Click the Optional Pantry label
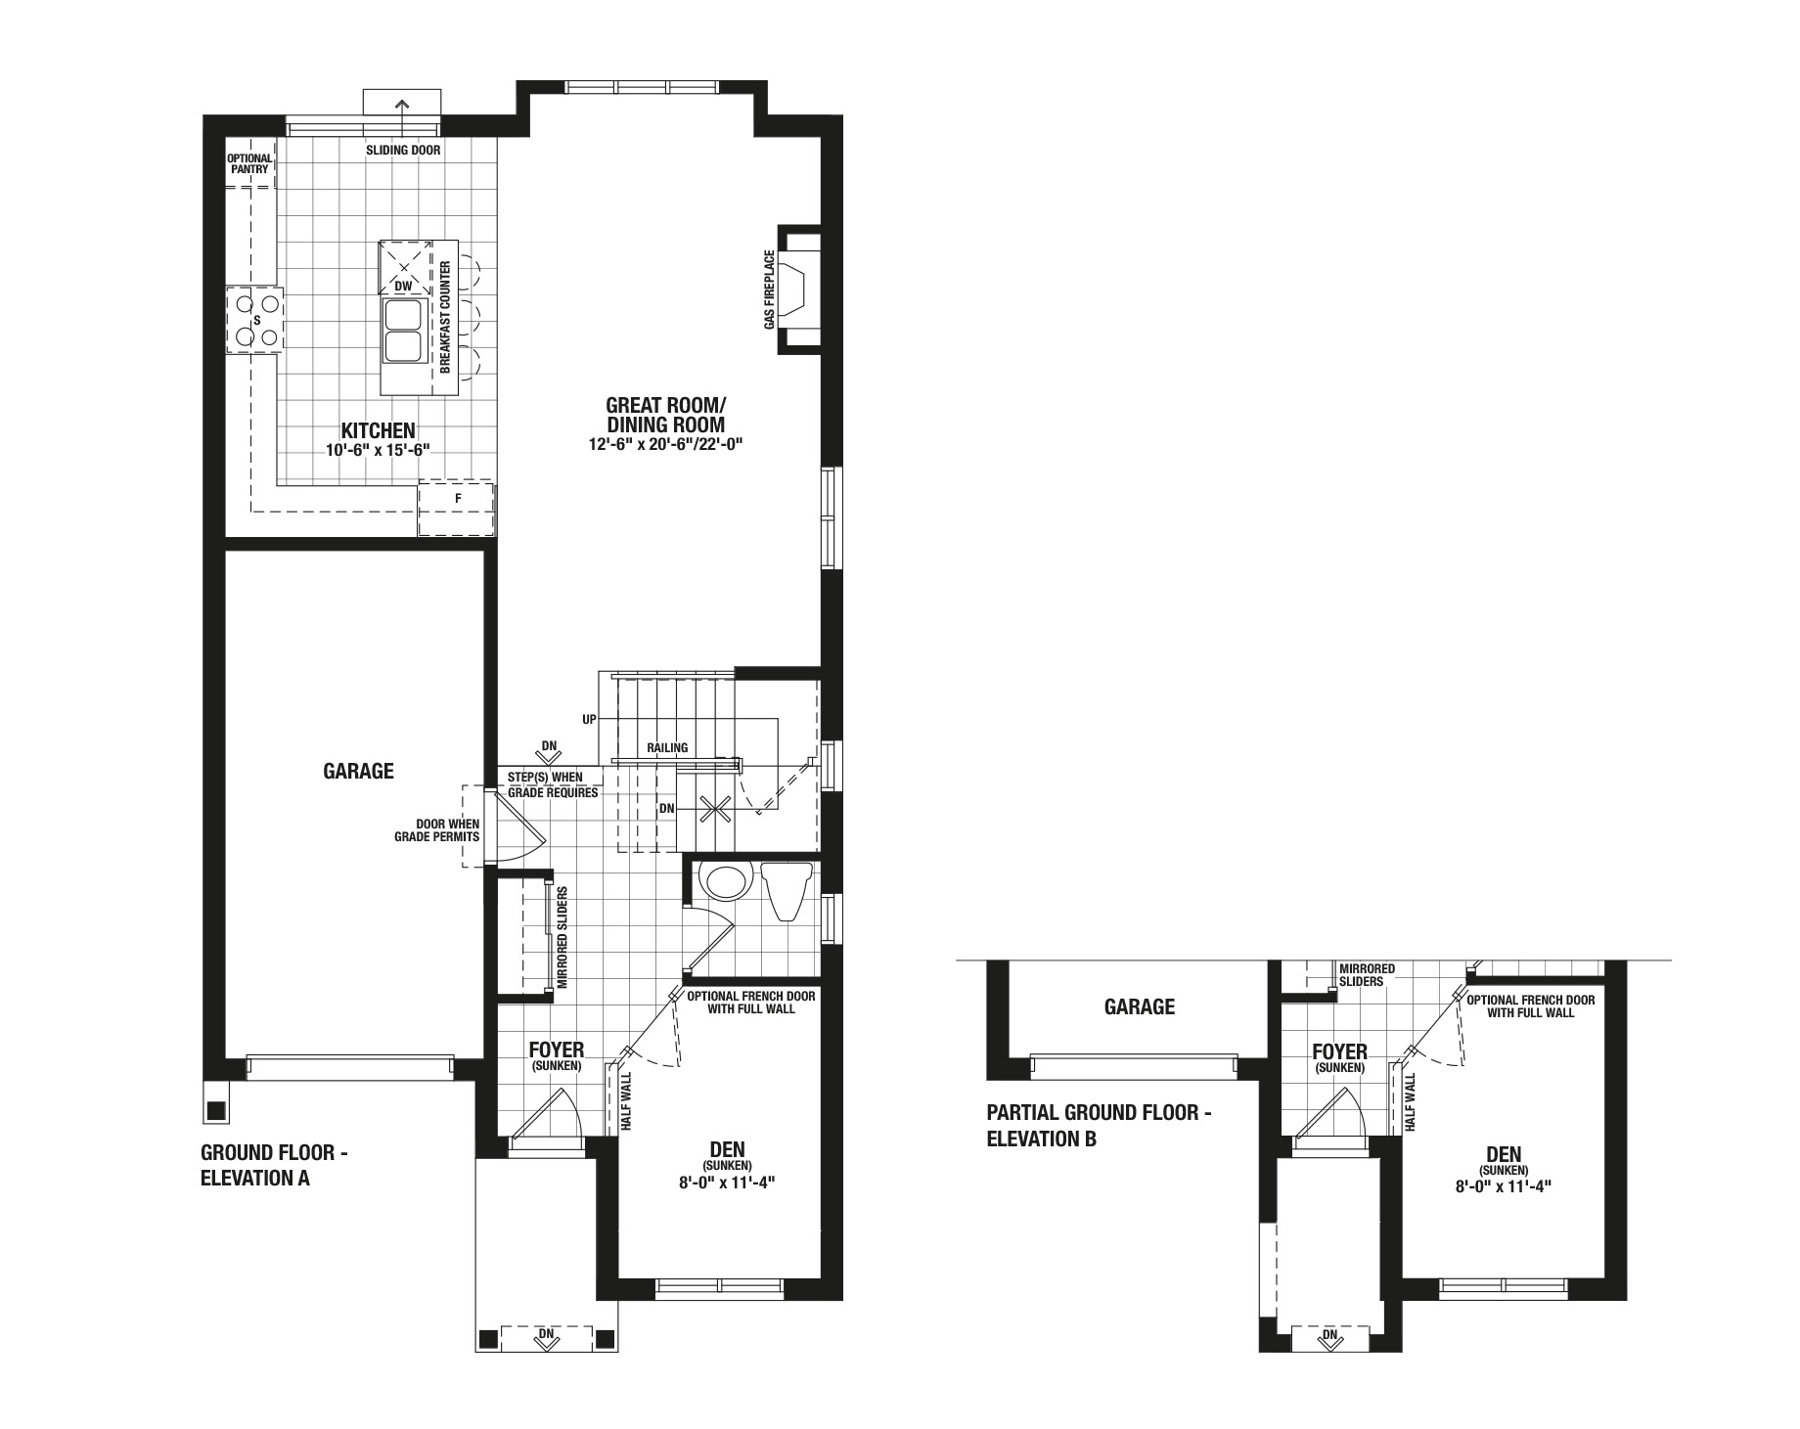coord(249,163)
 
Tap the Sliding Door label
coord(403,151)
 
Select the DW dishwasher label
coord(403,287)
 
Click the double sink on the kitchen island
coord(404,331)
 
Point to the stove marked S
coord(255,320)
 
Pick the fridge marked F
coord(457,508)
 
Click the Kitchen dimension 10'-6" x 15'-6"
coord(379,450)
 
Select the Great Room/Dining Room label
coord(665,415)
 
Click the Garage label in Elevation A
coord(358,771)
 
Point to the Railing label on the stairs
coord(667,748)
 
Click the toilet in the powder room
coord(787,890)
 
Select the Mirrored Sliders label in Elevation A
coord(562,938)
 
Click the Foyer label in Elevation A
coord(557,1050)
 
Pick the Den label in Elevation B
coord(1504,1154)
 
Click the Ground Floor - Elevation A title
coord(274,1165)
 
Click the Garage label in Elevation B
coord(1140,1006)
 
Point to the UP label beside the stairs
coord(589,720)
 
